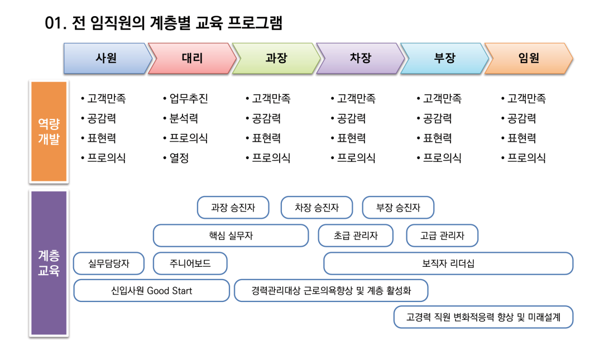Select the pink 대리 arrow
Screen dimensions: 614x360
192,59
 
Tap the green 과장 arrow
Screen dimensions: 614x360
276,59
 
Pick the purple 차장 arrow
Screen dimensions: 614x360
361,59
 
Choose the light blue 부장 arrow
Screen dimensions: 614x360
445,59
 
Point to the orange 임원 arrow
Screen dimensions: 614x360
529,59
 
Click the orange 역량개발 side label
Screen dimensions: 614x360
49,132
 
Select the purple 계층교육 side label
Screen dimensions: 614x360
49,263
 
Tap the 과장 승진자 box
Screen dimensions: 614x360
233,208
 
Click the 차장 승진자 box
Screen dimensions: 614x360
317,208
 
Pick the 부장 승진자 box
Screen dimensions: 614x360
398,208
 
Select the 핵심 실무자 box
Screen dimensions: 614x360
231,236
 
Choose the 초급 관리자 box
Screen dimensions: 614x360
356,236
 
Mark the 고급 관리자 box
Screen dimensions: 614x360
442,236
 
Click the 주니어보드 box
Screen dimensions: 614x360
190,263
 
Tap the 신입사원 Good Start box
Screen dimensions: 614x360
151,291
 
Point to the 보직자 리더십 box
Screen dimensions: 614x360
448,263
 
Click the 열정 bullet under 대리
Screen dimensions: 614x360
176,158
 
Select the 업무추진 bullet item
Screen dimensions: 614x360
186,98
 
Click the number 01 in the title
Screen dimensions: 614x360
53,23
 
